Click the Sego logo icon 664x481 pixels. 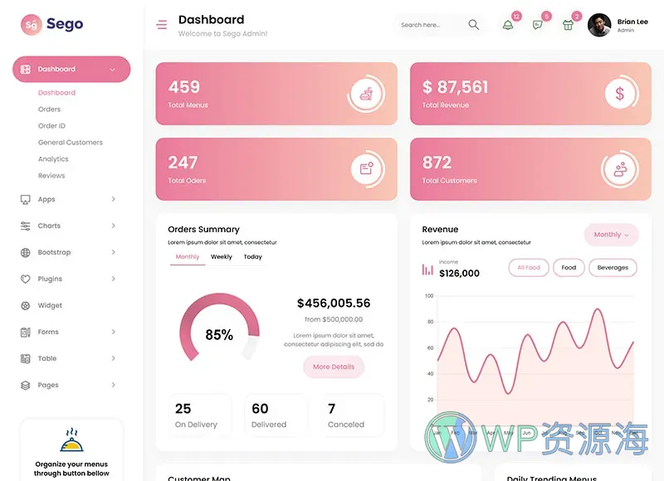(31, 25)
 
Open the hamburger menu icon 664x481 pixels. (161, 25)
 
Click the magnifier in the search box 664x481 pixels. (473, 25)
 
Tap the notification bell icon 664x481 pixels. (508, 25)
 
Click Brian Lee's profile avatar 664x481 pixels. (599, 25)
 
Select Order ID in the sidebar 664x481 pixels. (51, 126)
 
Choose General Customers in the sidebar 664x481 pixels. (71, 143)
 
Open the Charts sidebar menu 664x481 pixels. (50, 226)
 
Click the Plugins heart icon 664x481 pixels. (25, 279)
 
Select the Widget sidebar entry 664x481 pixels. (50, 305)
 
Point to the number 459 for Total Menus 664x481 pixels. (184, 87)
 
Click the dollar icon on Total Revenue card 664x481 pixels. (619, 94)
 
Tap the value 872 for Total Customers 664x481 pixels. (437, 163)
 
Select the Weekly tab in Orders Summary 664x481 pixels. (222, 257)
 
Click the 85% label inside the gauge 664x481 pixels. (219, 335)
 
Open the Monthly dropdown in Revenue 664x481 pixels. (611, 235)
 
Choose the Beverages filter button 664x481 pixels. (613, 268)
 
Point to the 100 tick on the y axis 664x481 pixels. (429, 296)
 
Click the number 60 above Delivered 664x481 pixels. (260, 409)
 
